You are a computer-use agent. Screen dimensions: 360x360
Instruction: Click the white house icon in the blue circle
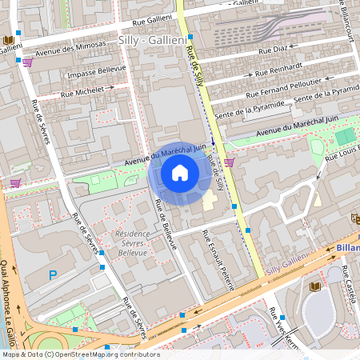pyautogui.click(x=180, y=172)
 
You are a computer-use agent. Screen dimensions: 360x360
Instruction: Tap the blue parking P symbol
pyautogui.click(x=53, y=275)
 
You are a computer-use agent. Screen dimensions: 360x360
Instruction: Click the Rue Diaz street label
pyautogui.click(x=274, y=50)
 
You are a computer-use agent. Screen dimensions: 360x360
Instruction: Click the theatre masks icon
pyautogui.click(x=355, y=219)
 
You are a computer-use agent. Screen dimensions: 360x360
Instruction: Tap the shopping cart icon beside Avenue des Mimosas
pyautogui.click(x=27, y=62)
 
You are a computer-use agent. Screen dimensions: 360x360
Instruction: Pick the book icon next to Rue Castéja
pyautogui.click(x=315, y=286)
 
